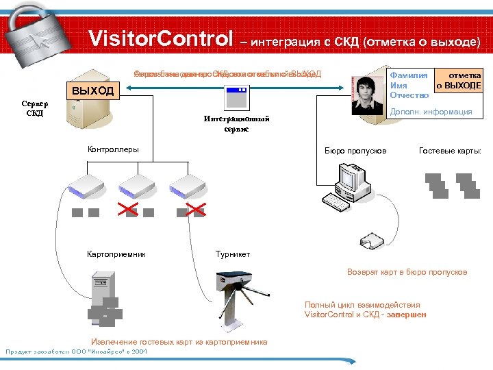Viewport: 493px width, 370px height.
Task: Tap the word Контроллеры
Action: point(113,149)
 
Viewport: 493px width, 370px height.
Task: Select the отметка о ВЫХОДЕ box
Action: point(459,81)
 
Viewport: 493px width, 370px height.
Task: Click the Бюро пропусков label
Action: point(355,150)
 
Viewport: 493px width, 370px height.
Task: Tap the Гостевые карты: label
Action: point(450,150)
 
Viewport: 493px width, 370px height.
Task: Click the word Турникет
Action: point(233,254)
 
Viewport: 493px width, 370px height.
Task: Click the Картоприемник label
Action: point(116,254)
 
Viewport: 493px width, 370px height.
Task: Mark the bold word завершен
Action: point(409,314)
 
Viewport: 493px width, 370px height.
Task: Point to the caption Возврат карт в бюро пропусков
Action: point(407,272)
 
